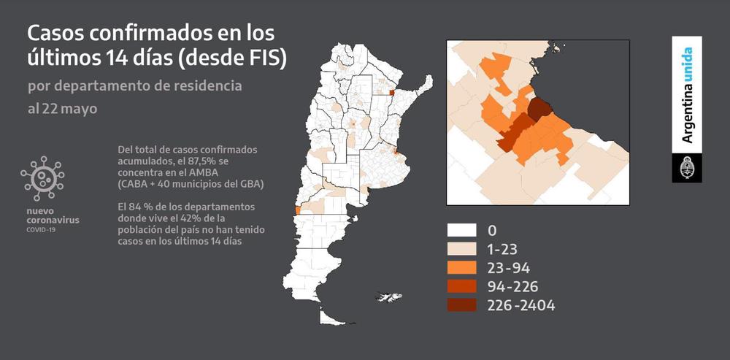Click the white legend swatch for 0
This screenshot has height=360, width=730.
click(x=462, y=231)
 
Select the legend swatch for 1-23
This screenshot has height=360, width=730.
click(x=462, y=249)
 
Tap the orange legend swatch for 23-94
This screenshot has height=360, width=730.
click(x=462, y=267)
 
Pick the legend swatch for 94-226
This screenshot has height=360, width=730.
click(x=462, y=286)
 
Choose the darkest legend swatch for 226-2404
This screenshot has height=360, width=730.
click(x=462, y=305)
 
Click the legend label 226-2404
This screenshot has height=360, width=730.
click(x=521, y=305)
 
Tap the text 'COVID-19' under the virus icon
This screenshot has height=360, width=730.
click(x=40, y=229)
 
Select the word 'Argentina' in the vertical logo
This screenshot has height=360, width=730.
click(x=687, y=117)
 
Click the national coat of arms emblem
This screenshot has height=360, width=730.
click(x=687, y=168)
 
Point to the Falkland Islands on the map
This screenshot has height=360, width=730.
click(x=388, y=296)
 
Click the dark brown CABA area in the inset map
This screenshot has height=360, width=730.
click(x=540, y=110)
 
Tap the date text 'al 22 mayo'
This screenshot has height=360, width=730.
click(x=62, y=109)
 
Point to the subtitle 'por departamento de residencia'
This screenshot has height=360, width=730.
click(x=135, y=85)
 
